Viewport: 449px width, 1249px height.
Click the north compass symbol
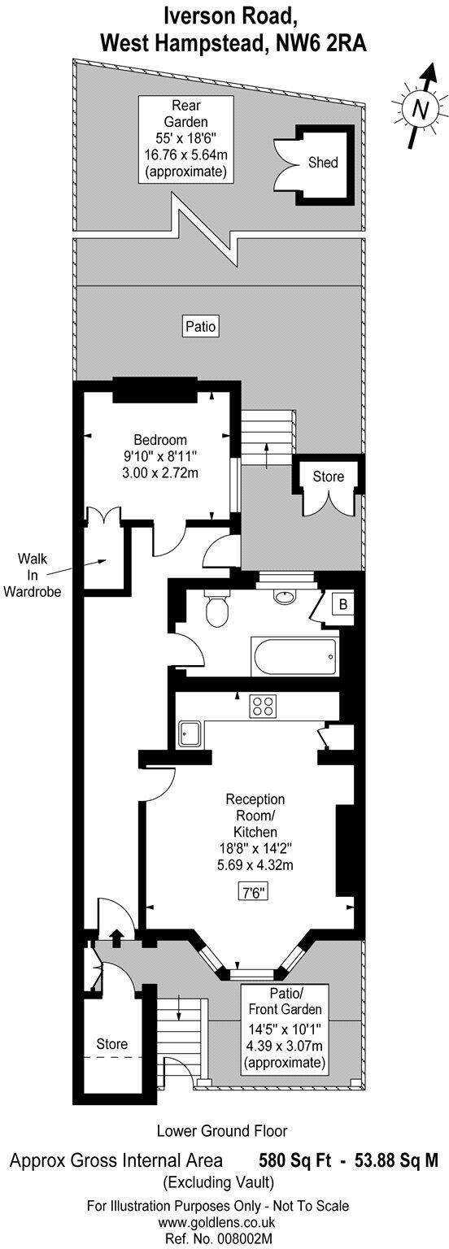[419, 107]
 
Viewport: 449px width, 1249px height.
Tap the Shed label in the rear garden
[323, 163]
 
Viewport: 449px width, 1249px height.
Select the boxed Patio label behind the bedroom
[200, 327]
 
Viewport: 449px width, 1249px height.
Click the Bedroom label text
[156, 440]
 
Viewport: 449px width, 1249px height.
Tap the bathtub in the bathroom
[294, 655]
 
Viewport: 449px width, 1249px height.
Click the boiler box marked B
[344, 605]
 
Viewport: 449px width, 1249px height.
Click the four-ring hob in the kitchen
[263, 707]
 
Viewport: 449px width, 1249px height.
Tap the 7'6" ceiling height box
[250, 892]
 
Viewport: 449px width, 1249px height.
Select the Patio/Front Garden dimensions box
[284, 1028]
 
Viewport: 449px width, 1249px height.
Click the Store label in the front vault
[111, 1043]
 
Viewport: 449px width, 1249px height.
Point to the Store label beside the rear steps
[328, 477]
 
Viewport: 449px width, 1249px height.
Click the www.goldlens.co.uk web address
[223, 1221]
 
